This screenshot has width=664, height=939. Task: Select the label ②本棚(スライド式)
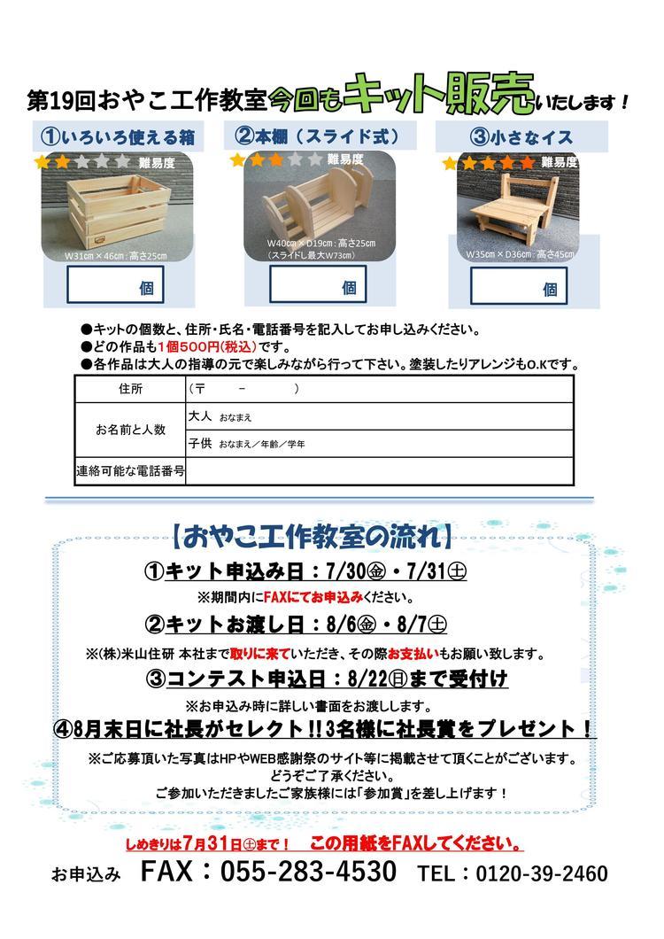click(316, 136)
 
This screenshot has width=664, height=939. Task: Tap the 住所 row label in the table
click(129, 389)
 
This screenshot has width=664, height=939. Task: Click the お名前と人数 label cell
click(129, 430)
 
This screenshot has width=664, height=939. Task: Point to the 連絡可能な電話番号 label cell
click(129, 472)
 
